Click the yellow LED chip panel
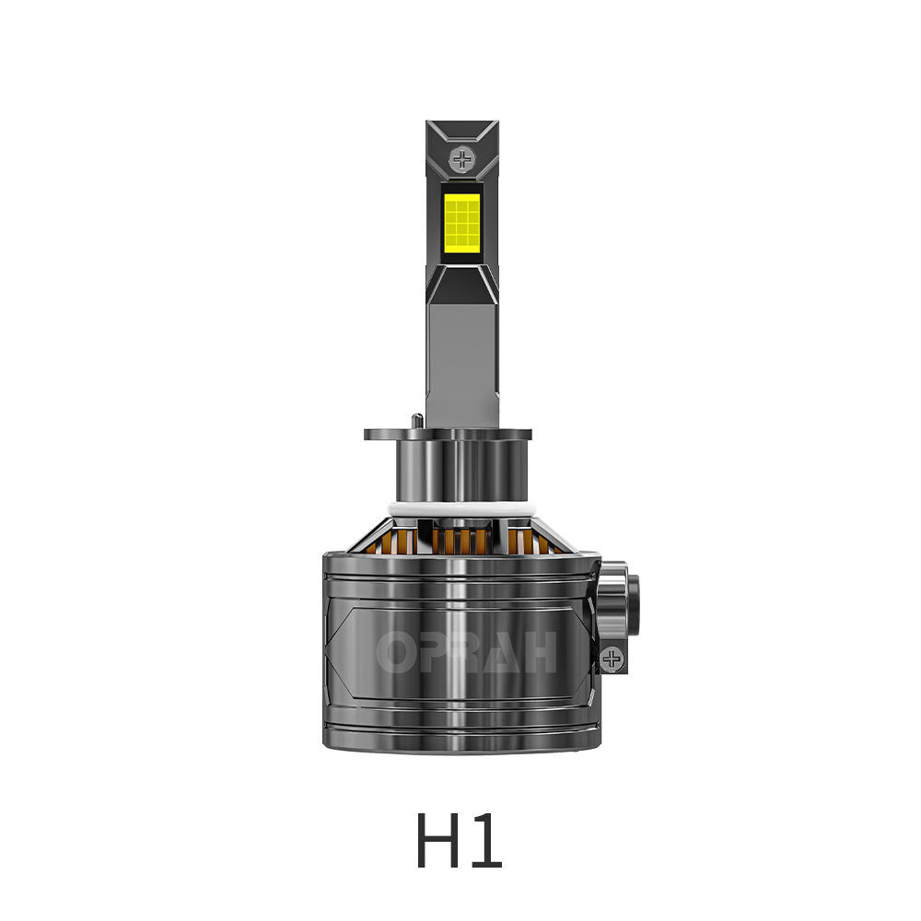click(x=462, y=222)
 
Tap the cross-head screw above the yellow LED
click(x=462, y=160)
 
